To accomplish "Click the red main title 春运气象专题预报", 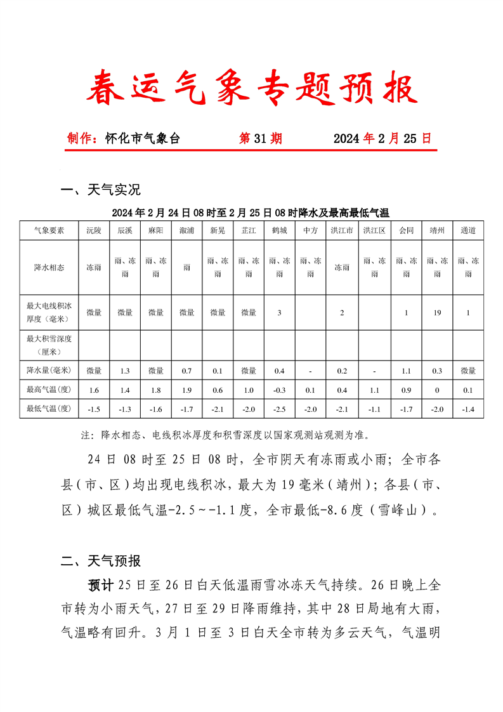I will [251, 88].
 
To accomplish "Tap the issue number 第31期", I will [260, 138].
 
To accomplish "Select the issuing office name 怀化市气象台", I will [143, 138].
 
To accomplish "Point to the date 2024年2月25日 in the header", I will [382, 138].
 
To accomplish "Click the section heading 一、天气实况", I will [100, 190].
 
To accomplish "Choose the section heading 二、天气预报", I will [100, 561].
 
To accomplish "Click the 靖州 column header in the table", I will [437, 230].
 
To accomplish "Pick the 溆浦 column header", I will [187, 230].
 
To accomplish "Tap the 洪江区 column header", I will [374, 230].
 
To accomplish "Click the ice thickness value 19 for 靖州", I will [437, 312].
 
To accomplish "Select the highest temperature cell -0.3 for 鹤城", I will [279, 390].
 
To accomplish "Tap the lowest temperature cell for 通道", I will [468, 409].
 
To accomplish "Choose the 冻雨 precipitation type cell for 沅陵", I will [94, 267].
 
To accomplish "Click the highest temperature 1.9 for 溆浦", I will [187, 390].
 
